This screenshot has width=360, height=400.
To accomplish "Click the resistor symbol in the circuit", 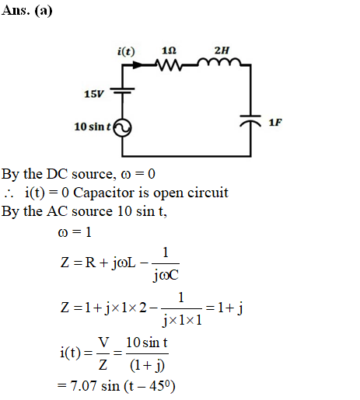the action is click(x=169, y=64).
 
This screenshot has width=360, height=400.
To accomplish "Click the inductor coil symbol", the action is click(x=219, y=62).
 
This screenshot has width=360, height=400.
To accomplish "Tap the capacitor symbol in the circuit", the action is click(x=250, y=120).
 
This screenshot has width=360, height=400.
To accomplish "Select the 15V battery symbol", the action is click(x=122, y=90).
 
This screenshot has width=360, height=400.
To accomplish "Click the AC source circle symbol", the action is click(x=122, y=127).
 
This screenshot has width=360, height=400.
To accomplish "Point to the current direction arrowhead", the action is click(x=138, y=64).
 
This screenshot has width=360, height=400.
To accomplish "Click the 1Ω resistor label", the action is click(x=169, y=50).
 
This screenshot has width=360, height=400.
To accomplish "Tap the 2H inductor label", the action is click(x=222, y=50).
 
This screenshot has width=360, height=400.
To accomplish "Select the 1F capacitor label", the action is click(x=275, y=122).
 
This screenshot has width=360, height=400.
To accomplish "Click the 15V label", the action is click(x=94, y=94).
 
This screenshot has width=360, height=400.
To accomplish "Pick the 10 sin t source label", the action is click(x=93, y=127).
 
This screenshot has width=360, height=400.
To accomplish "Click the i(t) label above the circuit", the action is click(x=126, y=51).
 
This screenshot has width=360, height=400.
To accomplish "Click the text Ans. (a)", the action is click(x=26, y=11).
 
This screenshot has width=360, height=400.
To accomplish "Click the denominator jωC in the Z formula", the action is click(x=166, y=275).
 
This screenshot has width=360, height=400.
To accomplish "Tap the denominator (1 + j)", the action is click(x=147, y=366).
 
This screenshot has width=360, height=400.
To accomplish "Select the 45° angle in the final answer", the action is click(x=159, y=386).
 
